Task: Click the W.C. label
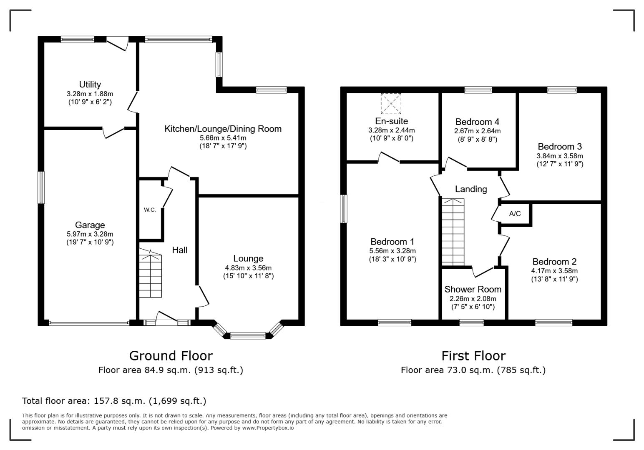[x=150, y=210]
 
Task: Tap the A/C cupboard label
[x=515, y=214]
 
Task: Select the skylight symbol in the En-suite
[x=391, y=103]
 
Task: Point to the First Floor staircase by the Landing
[x=453, y=232]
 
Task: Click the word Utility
[x=90, y=85]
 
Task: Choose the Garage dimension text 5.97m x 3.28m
[x=90, y=234]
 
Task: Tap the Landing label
[x=471, y=189]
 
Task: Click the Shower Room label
[x=473, y=289]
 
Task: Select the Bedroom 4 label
[x=477, y=122]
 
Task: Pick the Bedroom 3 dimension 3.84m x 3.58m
[x=560, y=156]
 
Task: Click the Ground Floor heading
[x=171, y=356]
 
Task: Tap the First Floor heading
[x=473, y=356]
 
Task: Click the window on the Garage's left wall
[x=41, y=187]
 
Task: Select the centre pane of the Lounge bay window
[x=248, y=336]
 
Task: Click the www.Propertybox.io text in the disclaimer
[x=268, y=428]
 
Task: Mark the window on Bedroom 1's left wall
[x=344, y=209]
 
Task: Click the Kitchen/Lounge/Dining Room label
[x=223, y=129]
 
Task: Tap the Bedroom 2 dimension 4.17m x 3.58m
[x=554, y=271]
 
